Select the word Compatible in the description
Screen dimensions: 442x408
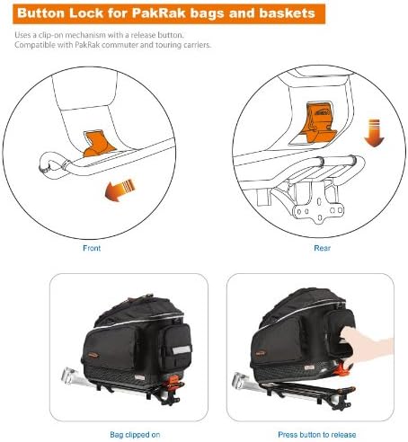tap(36, 45)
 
